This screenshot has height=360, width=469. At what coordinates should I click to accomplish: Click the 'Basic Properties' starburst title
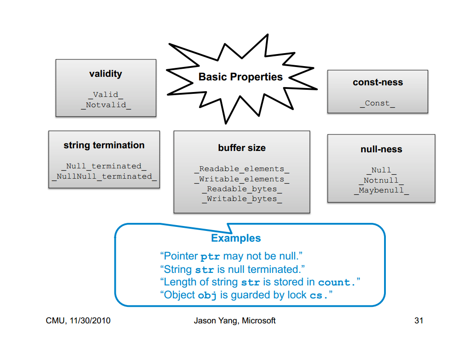tap(241, 77)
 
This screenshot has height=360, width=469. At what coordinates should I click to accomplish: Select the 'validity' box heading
tap(106, 74)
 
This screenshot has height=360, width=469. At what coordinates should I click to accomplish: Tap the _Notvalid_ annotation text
tap(106, 105)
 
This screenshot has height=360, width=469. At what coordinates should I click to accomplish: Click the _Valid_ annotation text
tap(106, 95)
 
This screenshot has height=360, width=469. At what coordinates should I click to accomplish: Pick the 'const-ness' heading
tap(378, 82)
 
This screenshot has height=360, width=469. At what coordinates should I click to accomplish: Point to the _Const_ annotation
tap(377, 103)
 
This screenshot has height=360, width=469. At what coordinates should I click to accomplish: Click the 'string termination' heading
tap(104, 145)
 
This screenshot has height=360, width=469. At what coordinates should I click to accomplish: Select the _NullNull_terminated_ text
tap(104, 176)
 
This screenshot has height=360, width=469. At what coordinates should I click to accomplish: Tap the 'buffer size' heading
tap(242, 148)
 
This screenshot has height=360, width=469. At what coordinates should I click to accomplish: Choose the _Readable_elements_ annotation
tap(242, 169)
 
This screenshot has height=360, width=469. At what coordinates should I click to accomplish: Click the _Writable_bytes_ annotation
tap(242, 199)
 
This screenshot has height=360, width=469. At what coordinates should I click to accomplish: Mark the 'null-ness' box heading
tap(381, 149)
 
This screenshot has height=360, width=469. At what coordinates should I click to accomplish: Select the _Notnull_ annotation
tap(381, 180)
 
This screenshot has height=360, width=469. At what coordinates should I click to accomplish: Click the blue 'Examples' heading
tap(236, 238)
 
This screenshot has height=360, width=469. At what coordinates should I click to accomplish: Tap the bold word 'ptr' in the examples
tap(210, 257)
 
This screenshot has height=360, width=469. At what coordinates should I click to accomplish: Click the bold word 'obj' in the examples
tap(207, 296)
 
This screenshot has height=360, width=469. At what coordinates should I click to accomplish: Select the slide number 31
tap(419, 321)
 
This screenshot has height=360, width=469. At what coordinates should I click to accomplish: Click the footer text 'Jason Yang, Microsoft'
tap(235, 321)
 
